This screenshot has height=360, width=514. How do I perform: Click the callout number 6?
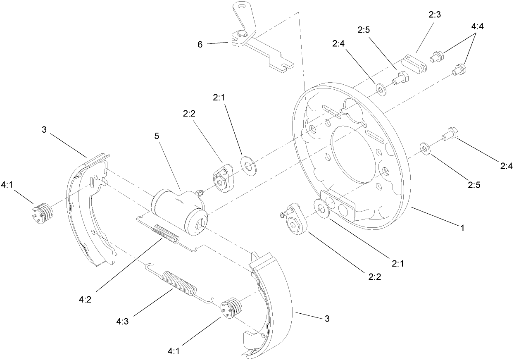coord(200,44)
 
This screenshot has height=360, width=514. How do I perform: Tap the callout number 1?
coord(463,228)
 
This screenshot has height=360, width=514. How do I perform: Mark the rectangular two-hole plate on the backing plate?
coord(338,204)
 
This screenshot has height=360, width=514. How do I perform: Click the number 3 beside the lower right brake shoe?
coord(327,319)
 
